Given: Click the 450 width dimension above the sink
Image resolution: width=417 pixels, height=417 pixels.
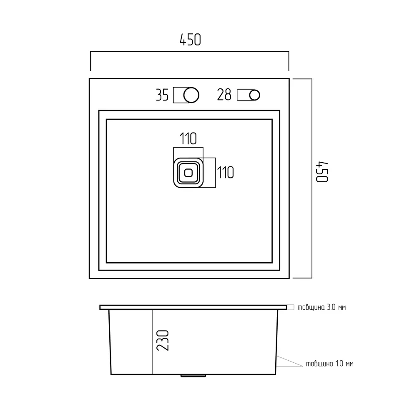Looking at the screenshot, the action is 190,40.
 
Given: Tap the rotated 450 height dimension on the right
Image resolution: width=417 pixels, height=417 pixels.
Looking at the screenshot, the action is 322,172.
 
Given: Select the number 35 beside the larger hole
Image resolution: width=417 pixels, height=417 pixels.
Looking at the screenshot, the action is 162,95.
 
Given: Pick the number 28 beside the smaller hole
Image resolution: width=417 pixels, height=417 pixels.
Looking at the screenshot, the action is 224,95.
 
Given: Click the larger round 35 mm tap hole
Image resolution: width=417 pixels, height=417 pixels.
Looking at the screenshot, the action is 191,95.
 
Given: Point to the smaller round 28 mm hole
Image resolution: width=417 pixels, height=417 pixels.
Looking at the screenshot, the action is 254,95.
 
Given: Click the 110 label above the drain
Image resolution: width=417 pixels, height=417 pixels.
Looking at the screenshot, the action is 188,138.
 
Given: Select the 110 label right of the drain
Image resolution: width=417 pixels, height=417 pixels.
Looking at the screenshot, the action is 226,172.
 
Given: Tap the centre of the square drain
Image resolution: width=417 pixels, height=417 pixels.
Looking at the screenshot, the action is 188,173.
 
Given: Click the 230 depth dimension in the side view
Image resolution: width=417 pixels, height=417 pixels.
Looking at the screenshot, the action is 163,340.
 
